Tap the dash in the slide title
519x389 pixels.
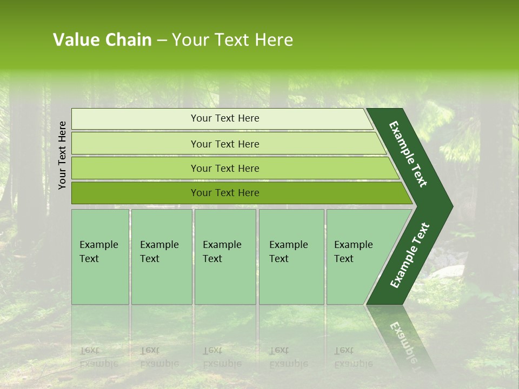pyautogui.click(x=162, y=41)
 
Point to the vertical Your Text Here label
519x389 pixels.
pyautogui.click(x=62, y=155)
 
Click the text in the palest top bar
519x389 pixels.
pyautogui.click(x=225, y=118)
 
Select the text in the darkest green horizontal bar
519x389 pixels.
pyautogui.click(x=225, y=193)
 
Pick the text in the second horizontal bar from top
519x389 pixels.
pyautogui.click(x=225, y=144)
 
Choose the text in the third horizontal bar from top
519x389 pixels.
pyautogui.click(x=225, y=169)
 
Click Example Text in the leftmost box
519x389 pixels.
pyautogui.click(x=98, y=252)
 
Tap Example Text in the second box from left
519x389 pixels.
pyautogui.click(x=159, y=252)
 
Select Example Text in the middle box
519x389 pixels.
pyautogui.click(x=222, y=252)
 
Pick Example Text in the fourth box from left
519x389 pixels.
pyautogui.click(x=288, y=252)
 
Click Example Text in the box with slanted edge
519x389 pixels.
pyautogui.click(x=353, y=252)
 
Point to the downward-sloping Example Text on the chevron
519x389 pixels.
pyautogui.click(x=408, y=154)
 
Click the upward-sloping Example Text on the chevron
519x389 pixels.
pyautogui.click(x=410, y=256)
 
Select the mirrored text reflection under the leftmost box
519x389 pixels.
pyautogui.click(x=98, y=357)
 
